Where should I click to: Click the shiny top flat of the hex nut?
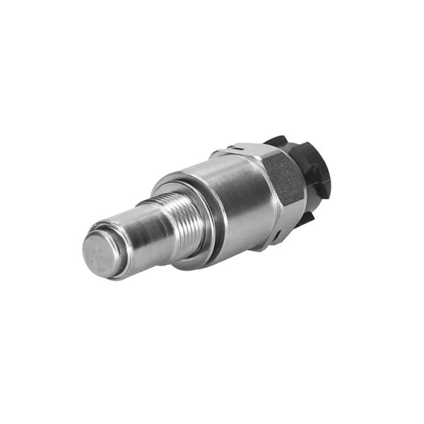pos(244,151)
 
